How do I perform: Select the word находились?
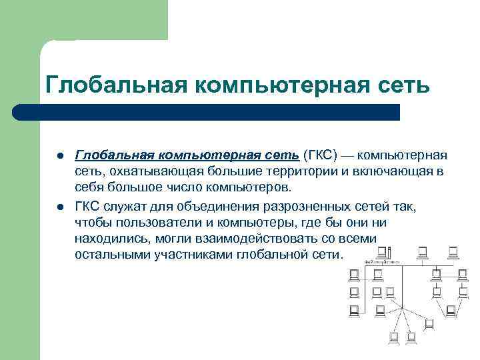pyautogui.click(x=109, y=238)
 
